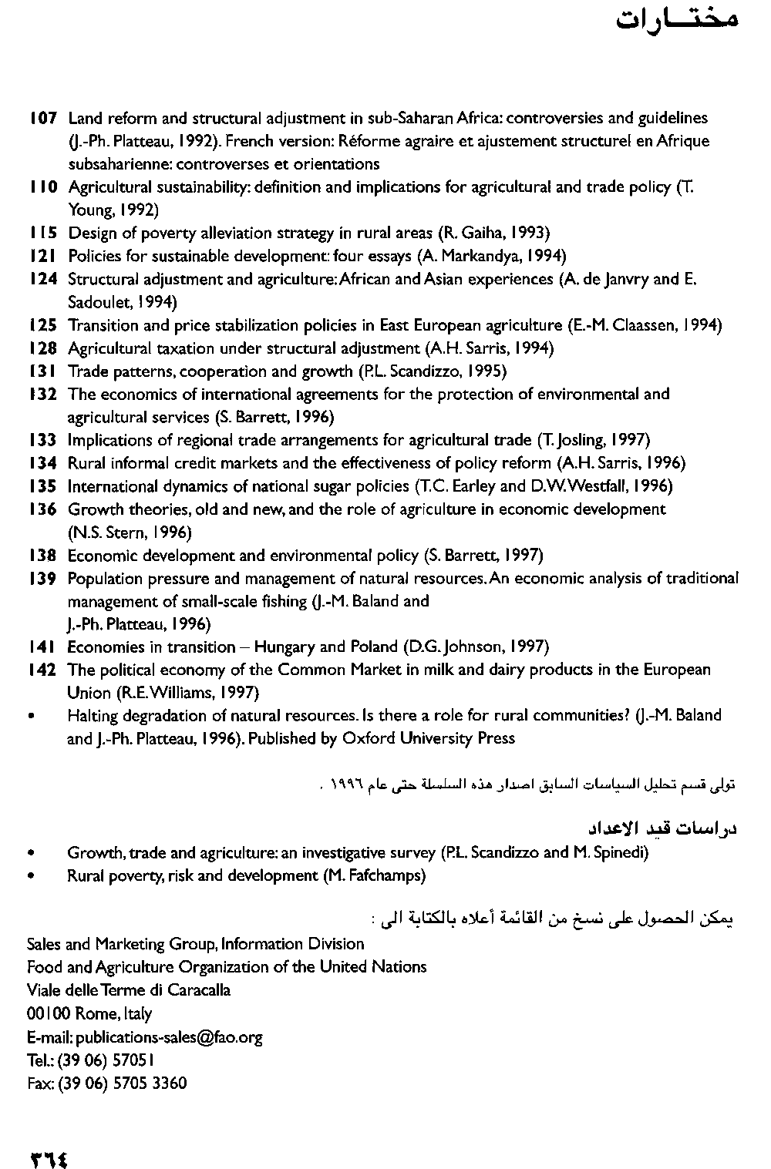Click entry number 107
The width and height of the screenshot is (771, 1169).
[42, 119]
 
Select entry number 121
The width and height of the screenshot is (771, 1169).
[42, 256]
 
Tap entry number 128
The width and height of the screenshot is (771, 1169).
[42, 348]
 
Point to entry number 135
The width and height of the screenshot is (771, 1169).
[42, 486]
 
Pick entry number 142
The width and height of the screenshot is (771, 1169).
[42, 670]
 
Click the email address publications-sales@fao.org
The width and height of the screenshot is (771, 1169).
[169, 1037]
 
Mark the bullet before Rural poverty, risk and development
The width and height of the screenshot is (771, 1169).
[30, 876]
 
